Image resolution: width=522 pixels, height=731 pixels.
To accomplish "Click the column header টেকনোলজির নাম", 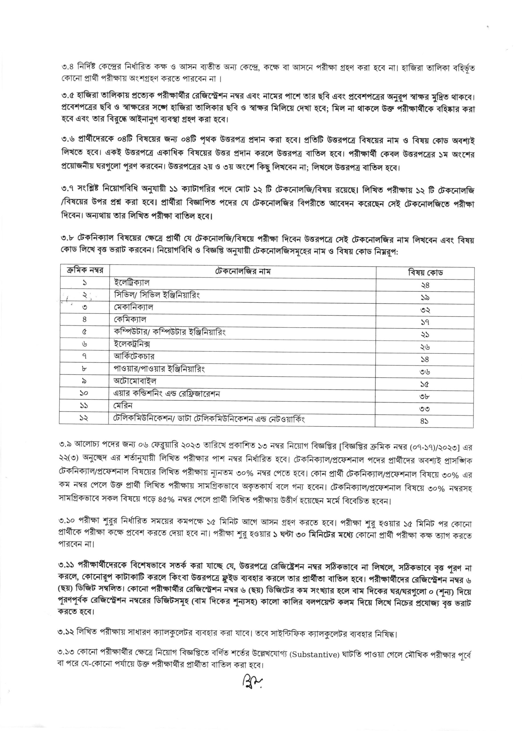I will pos(243,271).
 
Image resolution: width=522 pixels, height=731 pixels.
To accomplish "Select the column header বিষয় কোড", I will pos(425,273).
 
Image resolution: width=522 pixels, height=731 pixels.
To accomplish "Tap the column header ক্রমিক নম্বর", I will pos(85,270).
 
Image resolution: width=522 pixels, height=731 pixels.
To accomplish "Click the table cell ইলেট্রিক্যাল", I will pos(132,283).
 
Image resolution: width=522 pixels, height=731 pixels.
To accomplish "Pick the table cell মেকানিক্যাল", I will pos(134,307).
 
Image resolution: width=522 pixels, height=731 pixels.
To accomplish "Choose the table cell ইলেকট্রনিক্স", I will pos(132,344).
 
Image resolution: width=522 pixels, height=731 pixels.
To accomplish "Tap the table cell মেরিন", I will pos(123,405).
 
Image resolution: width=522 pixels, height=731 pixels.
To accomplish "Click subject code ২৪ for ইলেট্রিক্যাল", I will pos(425,285).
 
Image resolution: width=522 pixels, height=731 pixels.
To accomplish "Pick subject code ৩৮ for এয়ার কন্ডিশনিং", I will pos(425,397).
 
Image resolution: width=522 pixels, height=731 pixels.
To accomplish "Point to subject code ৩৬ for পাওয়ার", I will pos(425,372).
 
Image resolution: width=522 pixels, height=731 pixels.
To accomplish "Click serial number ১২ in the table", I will pos(84,418).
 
